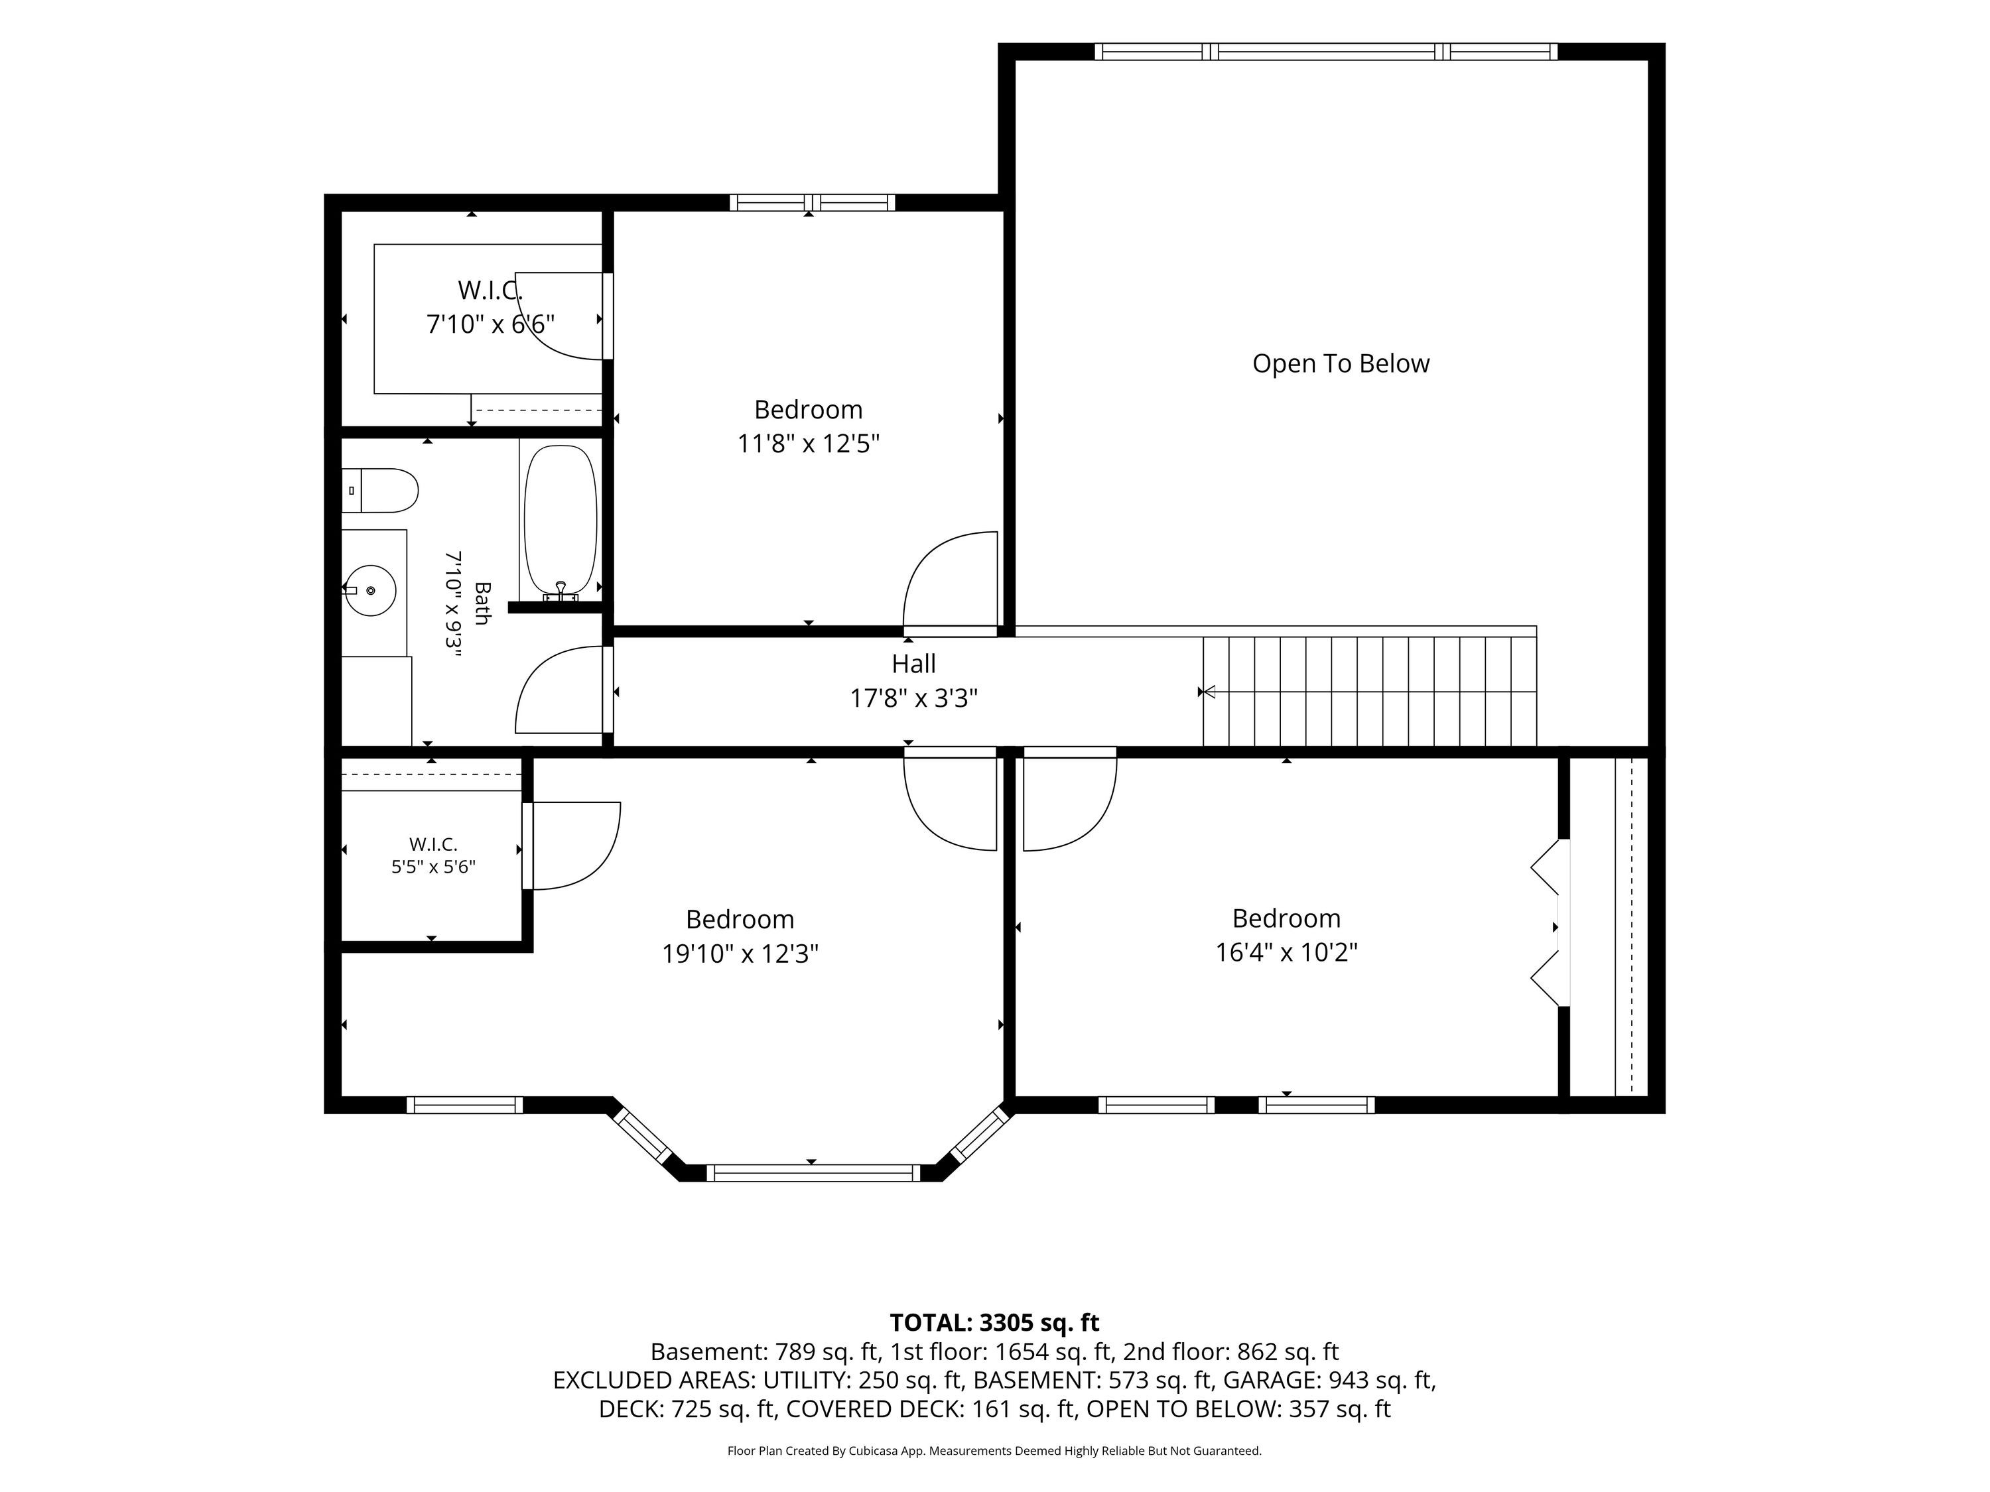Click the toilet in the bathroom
tap(379, 490)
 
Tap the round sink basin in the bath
tap(371, 590)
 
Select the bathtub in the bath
tap(560, 523)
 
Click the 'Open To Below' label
tap(1341, 363)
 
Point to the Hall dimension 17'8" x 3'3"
tap(914, 698)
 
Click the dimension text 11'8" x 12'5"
tap(809, 444)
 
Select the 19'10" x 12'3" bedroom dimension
tap(740, 954)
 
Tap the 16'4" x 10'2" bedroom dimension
tap(1286, 952)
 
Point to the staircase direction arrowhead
tap(1210, 692)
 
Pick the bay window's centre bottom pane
tap(813, 1173)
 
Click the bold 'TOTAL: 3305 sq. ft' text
tap(994, 1323)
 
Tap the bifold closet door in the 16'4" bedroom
tap(1548, 923)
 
